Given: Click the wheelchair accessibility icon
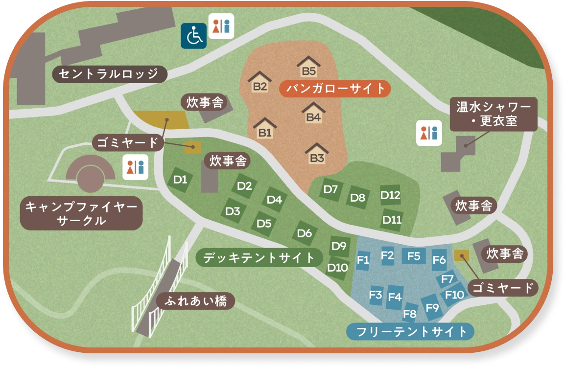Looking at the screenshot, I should point(193,36).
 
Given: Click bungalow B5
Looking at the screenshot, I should point(308,67).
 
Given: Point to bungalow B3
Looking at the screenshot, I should point(317,154).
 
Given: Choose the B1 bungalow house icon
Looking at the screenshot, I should point(265,129).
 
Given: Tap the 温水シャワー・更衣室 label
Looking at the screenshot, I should point(493,114).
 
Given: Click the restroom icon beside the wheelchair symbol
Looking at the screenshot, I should point(221,26).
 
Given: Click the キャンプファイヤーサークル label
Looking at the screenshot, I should point(81,213).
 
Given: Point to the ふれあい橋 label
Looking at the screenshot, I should point(195,301).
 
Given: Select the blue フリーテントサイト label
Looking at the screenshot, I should point(410,332).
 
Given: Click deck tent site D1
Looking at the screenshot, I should point(181,180).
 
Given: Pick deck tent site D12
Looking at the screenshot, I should point(391,196).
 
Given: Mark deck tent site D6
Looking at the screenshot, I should point(305,233).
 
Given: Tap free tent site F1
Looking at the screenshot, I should point(363,260).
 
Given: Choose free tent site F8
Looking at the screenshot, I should point(410,313).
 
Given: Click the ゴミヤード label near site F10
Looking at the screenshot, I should point(503,288).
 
